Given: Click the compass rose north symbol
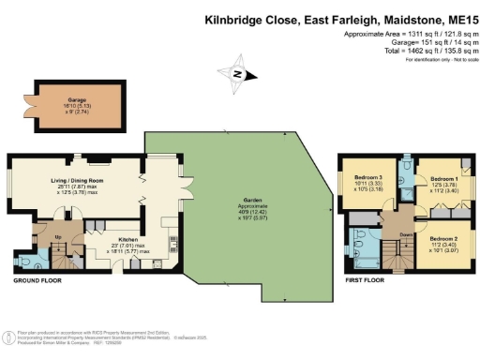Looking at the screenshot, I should coord(238,74).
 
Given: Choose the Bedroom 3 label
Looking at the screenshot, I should coord(368,177).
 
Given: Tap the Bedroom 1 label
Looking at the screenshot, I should coord(443,177).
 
